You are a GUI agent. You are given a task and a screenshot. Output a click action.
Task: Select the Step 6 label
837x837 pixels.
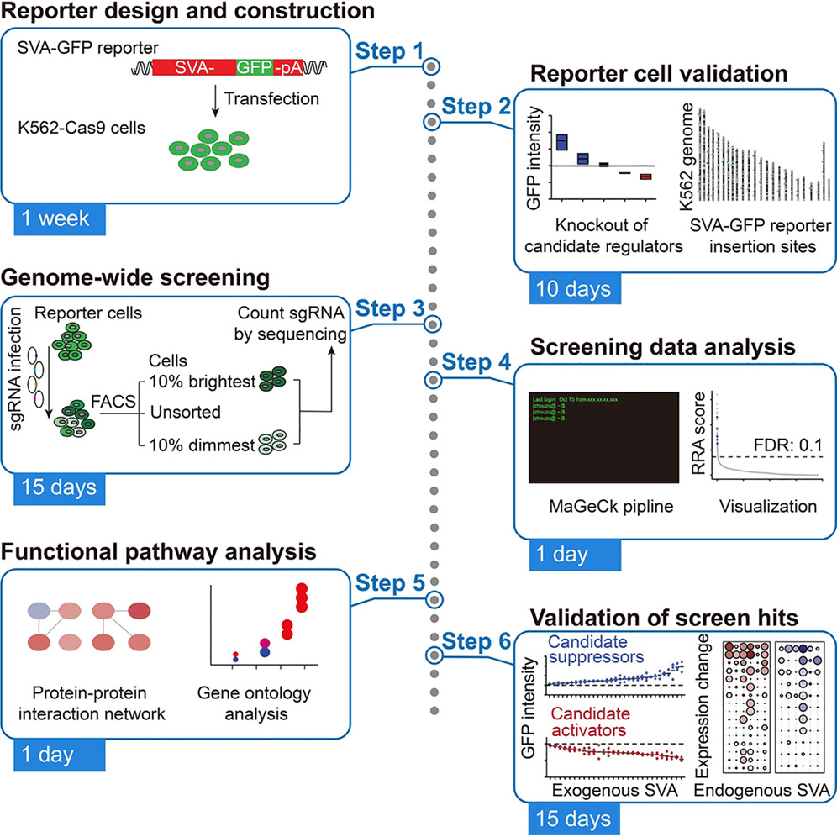pos(469,641)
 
